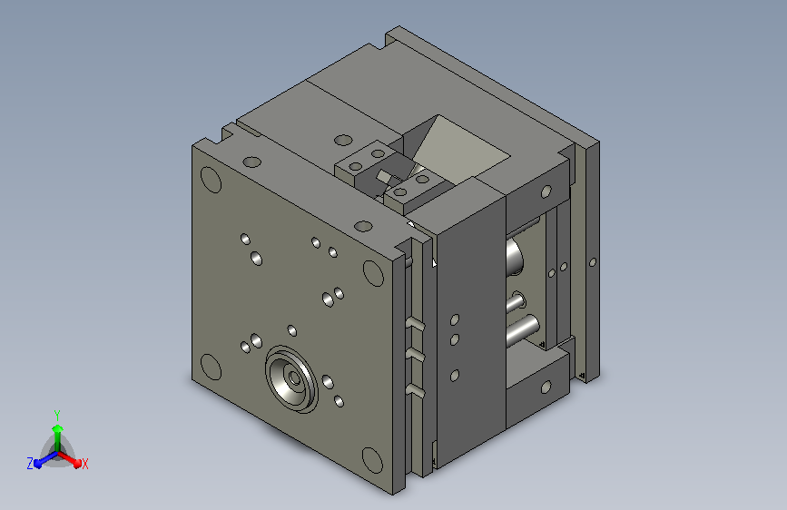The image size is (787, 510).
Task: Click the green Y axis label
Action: [57, 416]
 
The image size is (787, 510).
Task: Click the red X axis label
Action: [84, 465]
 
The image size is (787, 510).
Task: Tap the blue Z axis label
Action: [30, 464]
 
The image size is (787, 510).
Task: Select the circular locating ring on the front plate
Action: [291, 378]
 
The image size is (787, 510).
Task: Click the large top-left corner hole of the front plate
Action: [211, 180]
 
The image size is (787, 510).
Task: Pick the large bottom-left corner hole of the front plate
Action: [211, 367]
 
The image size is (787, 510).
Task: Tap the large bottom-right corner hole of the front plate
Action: [372, 460]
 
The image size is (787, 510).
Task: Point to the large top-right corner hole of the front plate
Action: [373, 273]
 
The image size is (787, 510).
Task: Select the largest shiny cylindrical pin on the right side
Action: [523, 329]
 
